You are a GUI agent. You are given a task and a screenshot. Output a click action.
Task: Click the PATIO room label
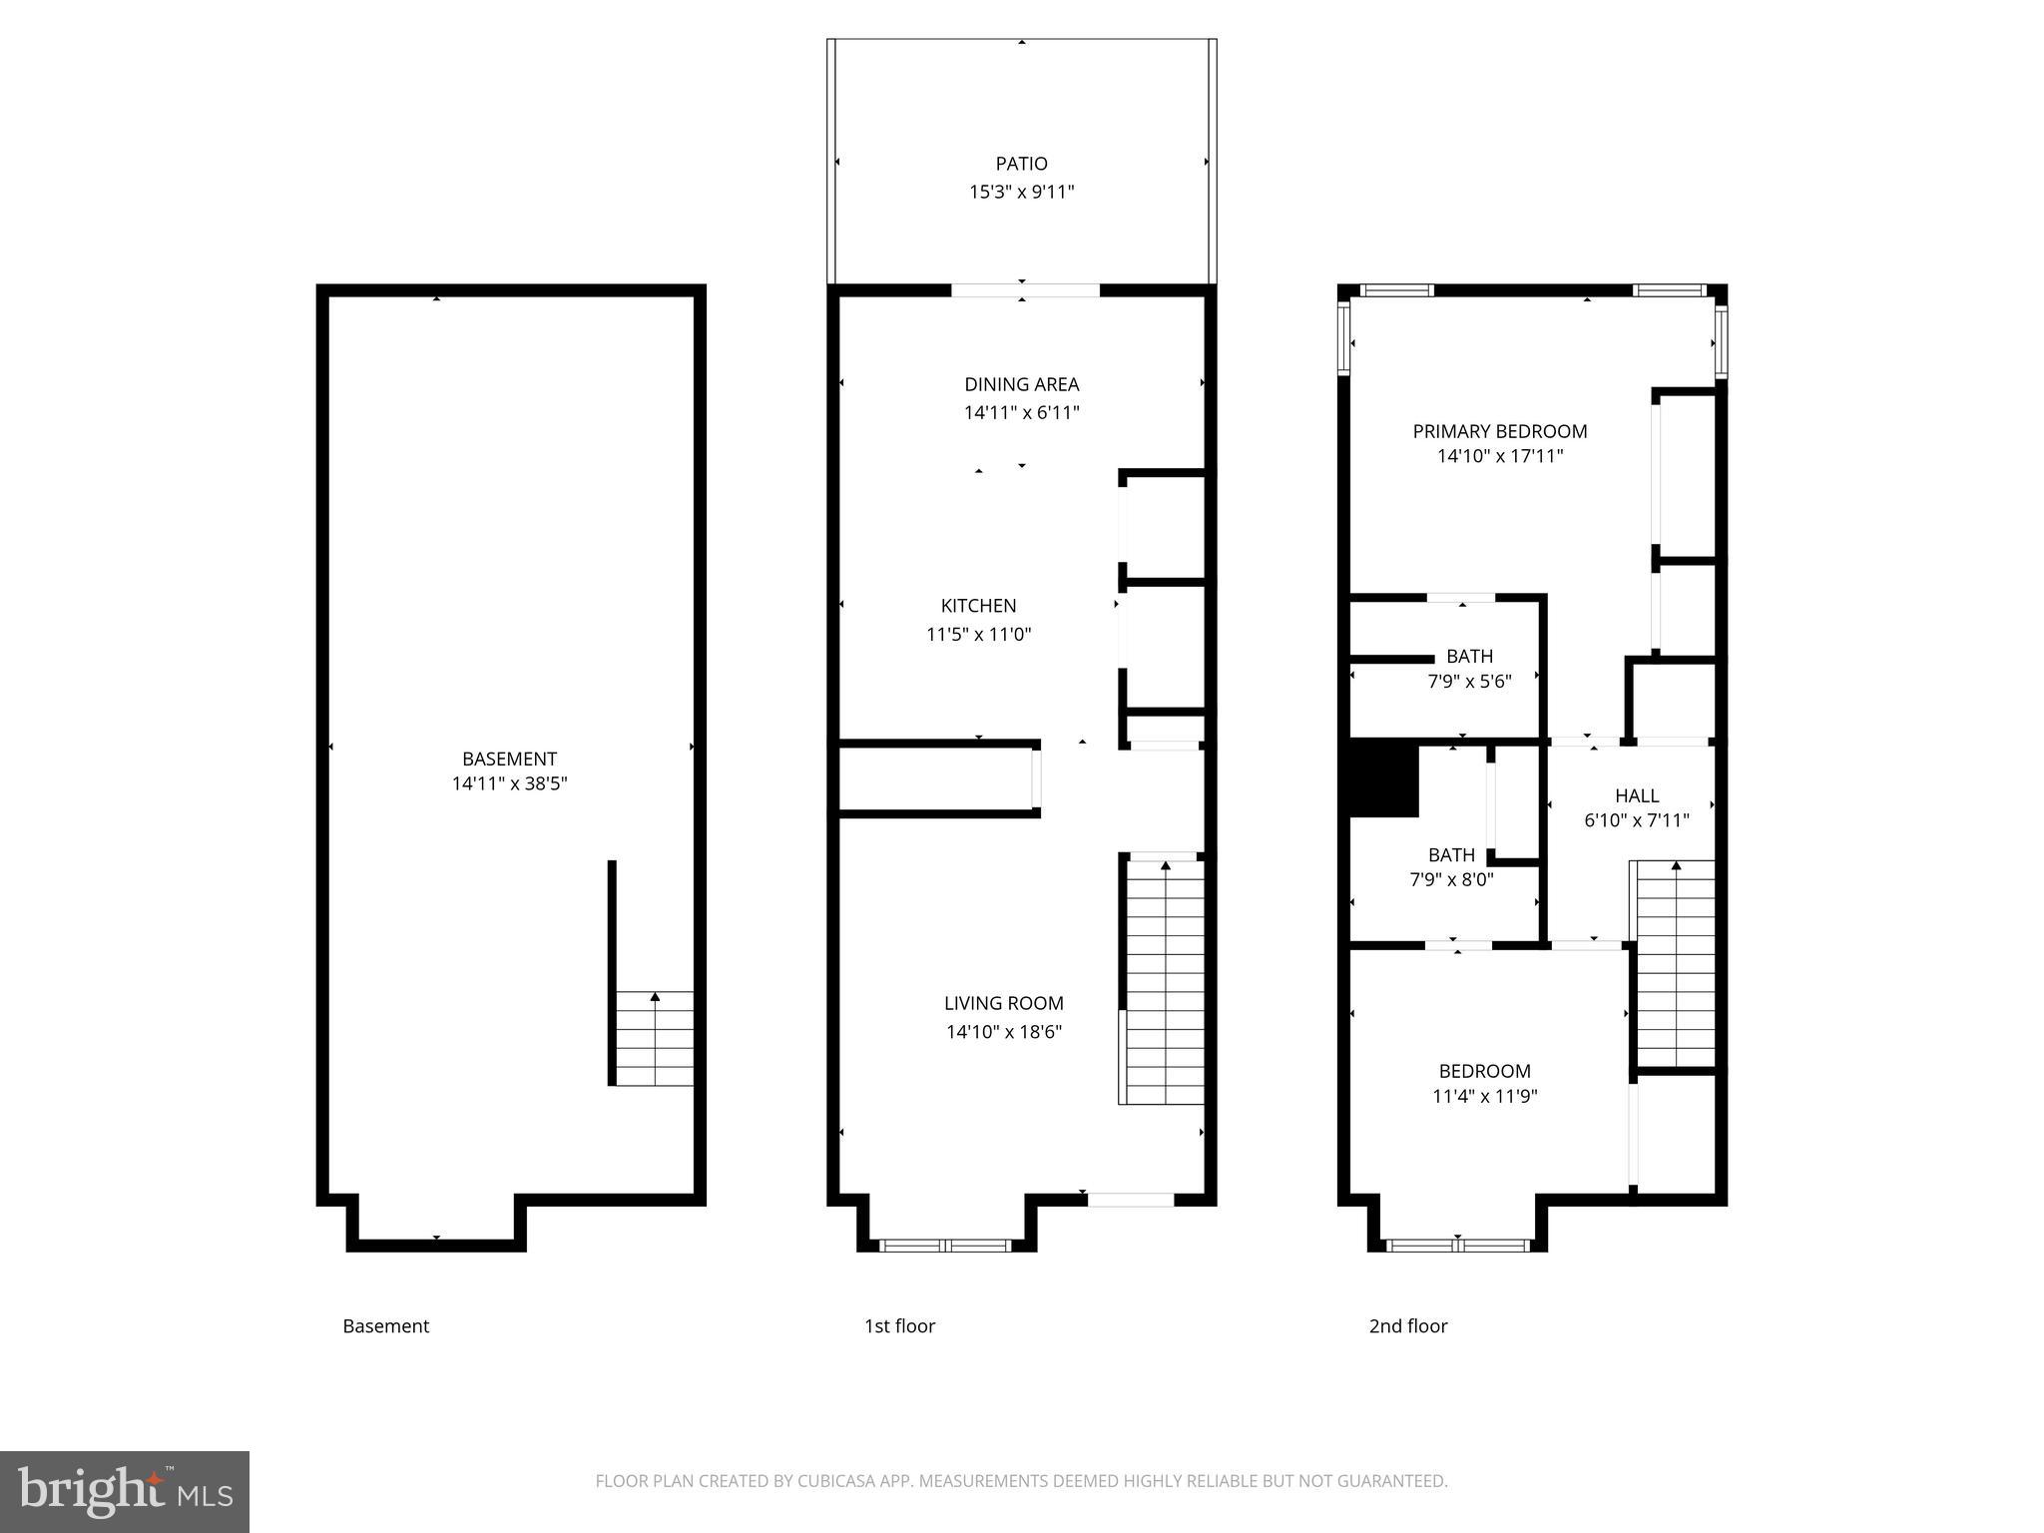pos(1021,164)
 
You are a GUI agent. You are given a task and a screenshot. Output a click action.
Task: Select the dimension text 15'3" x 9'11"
pos(1021,192)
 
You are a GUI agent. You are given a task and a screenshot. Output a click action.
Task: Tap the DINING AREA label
pos(1021,384)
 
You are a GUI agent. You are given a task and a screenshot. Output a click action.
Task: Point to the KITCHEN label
pos(978,606)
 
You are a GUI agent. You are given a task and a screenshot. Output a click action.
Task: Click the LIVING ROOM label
pos(1003,1003)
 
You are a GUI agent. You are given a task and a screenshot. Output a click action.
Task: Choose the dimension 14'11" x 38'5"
pos(509,783)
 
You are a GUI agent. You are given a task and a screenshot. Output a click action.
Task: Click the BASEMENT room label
pos(509,759)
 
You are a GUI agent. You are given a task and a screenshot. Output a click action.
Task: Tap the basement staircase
pos(654,1038)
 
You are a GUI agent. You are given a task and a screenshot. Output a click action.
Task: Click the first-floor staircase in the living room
pos(1165,983)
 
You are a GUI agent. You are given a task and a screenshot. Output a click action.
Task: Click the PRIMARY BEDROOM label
pos(1499,431)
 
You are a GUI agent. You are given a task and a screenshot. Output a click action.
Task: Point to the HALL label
pos(1636,795)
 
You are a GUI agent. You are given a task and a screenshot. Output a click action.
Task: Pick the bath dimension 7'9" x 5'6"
pos(1469,682)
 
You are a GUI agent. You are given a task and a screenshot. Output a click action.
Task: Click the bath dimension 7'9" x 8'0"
pos(1451,879)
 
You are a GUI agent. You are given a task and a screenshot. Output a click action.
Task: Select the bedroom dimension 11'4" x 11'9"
pos(1484,1096)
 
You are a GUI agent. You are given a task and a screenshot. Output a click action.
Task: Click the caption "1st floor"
pos(899,1326)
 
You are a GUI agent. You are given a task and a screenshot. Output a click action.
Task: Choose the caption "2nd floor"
pos(1407,1326)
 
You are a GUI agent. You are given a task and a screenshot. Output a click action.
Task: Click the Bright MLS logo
pos(125,1492)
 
